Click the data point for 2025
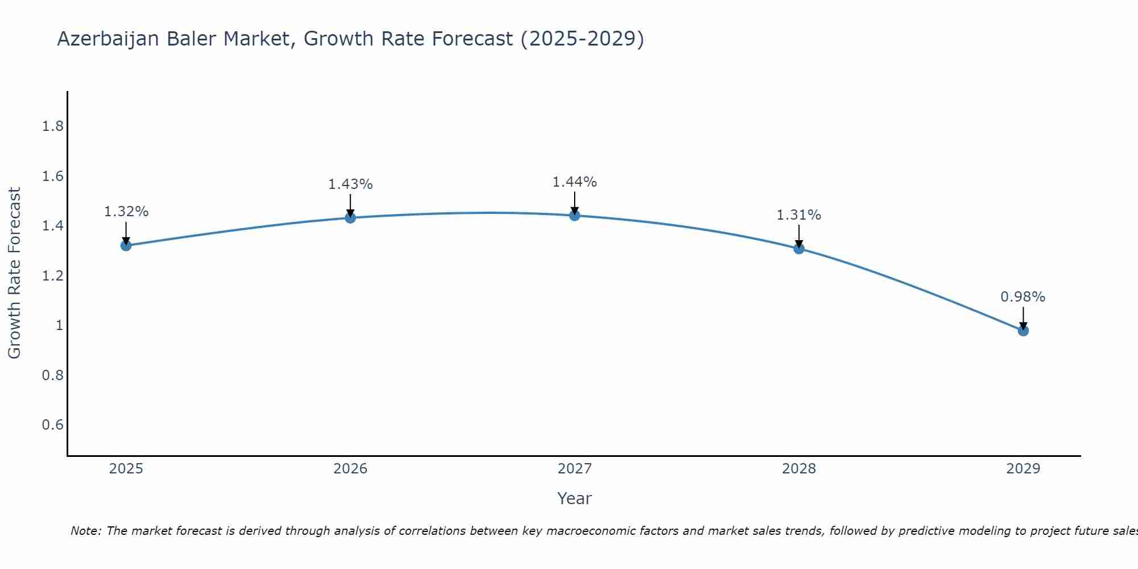pos(126,245)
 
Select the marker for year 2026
pos(350,217)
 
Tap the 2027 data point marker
pos(574,215)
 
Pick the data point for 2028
pos(798,248)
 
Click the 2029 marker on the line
pos(1022,330)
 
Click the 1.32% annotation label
pos(126,212)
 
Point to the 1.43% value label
pos(350,184)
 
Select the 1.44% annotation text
pos(574,182)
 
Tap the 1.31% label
pos(798,215)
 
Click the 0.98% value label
pos(1022,297)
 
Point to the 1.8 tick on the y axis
pos(52,126)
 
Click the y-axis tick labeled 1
pos(59,325)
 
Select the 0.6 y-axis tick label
pos(52,425)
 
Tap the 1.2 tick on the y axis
pos(52,276)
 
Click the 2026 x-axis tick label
pos(350,469)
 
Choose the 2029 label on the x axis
pos(1022,469)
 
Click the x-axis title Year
pos(574,498)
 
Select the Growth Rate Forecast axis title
pos(14,273)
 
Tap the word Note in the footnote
pos(85,531)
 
